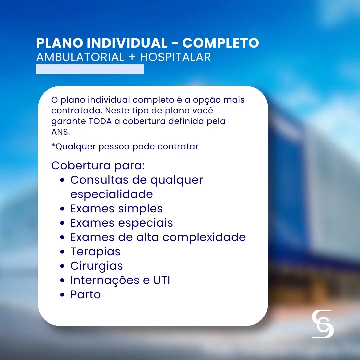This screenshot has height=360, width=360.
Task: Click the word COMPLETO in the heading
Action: point(221,43)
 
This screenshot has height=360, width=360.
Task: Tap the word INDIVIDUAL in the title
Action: point(127,43)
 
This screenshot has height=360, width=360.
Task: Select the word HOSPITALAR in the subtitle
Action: point(175,57)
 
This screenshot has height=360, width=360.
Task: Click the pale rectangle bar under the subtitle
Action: point(90,69)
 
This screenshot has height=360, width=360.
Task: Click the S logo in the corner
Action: point(323,324)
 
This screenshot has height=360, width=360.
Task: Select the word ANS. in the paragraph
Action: point(61,132)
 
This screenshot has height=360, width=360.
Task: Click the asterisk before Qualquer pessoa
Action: point(53,145)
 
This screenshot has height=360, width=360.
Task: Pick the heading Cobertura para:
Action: point(98,165)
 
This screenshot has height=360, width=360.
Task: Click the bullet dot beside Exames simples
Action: point(62,209)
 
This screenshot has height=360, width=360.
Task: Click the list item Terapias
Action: point(96,252)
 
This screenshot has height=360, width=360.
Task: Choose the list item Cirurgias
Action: point(97,266)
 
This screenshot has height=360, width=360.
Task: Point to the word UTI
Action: point(162,280)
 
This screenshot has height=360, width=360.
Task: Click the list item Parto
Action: point(86,295)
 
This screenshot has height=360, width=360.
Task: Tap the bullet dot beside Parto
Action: point(62,295)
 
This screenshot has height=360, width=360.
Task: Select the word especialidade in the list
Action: point(112,194)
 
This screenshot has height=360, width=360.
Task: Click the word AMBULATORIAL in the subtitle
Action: point(80,57)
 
